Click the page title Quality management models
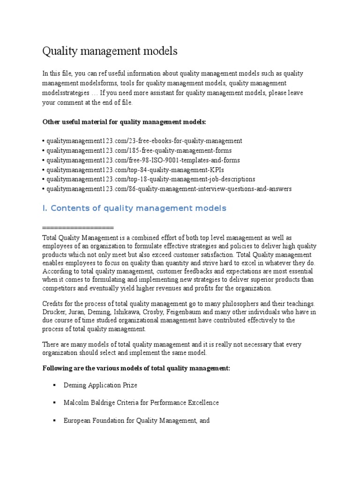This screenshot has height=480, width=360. click(x=110, y=51)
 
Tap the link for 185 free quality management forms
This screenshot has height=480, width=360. click(x=139, y=150)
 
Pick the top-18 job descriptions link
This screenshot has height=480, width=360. click(x=150, y=179)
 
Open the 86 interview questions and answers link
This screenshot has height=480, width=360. click(x=168, y=189)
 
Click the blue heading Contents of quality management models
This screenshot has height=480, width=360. click(x=134, y=208)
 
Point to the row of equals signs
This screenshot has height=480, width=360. click(x=78, y=228)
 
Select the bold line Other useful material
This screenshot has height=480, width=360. click(x=124, y=122)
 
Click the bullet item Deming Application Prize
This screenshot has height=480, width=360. click(x=100, y=385)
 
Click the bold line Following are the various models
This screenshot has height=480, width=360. click(x=136, y=368)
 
